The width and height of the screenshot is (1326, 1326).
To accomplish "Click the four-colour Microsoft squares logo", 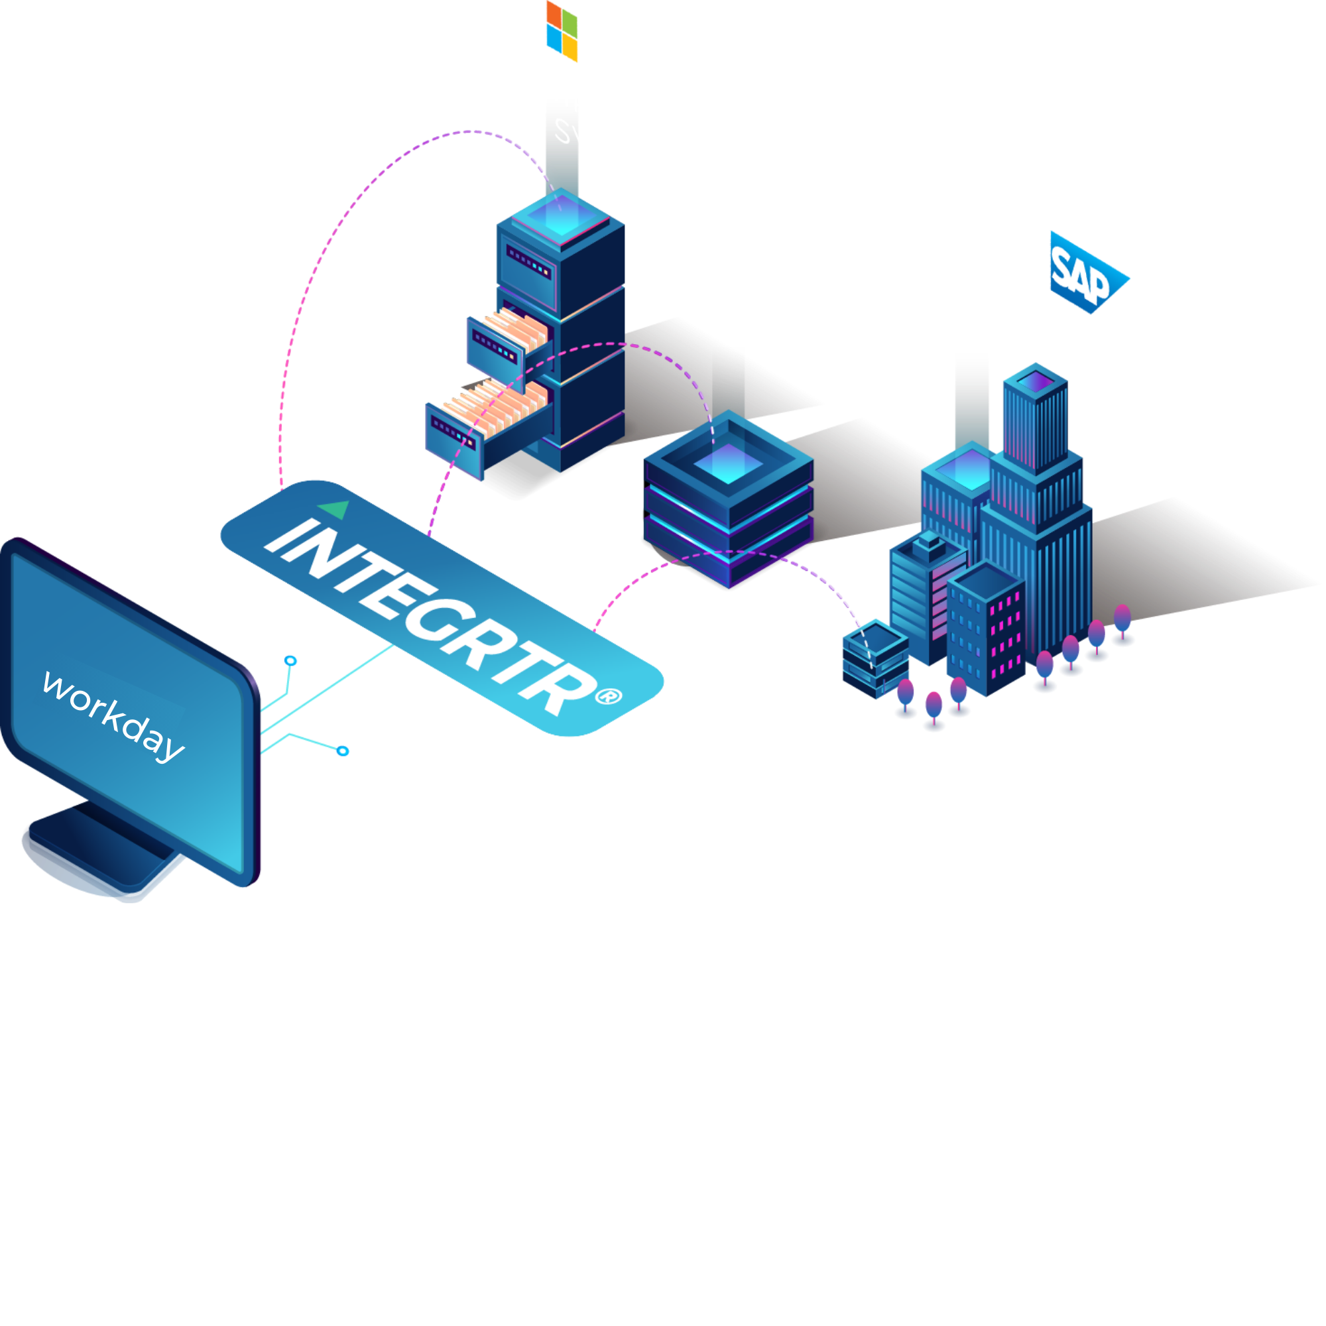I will tap(562, 31).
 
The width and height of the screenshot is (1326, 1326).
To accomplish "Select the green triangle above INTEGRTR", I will tap(336, 509).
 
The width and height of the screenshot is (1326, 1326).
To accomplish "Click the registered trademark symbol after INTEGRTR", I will tap(608, 697).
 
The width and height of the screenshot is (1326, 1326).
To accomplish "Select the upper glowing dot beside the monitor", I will tap(291, 661).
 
